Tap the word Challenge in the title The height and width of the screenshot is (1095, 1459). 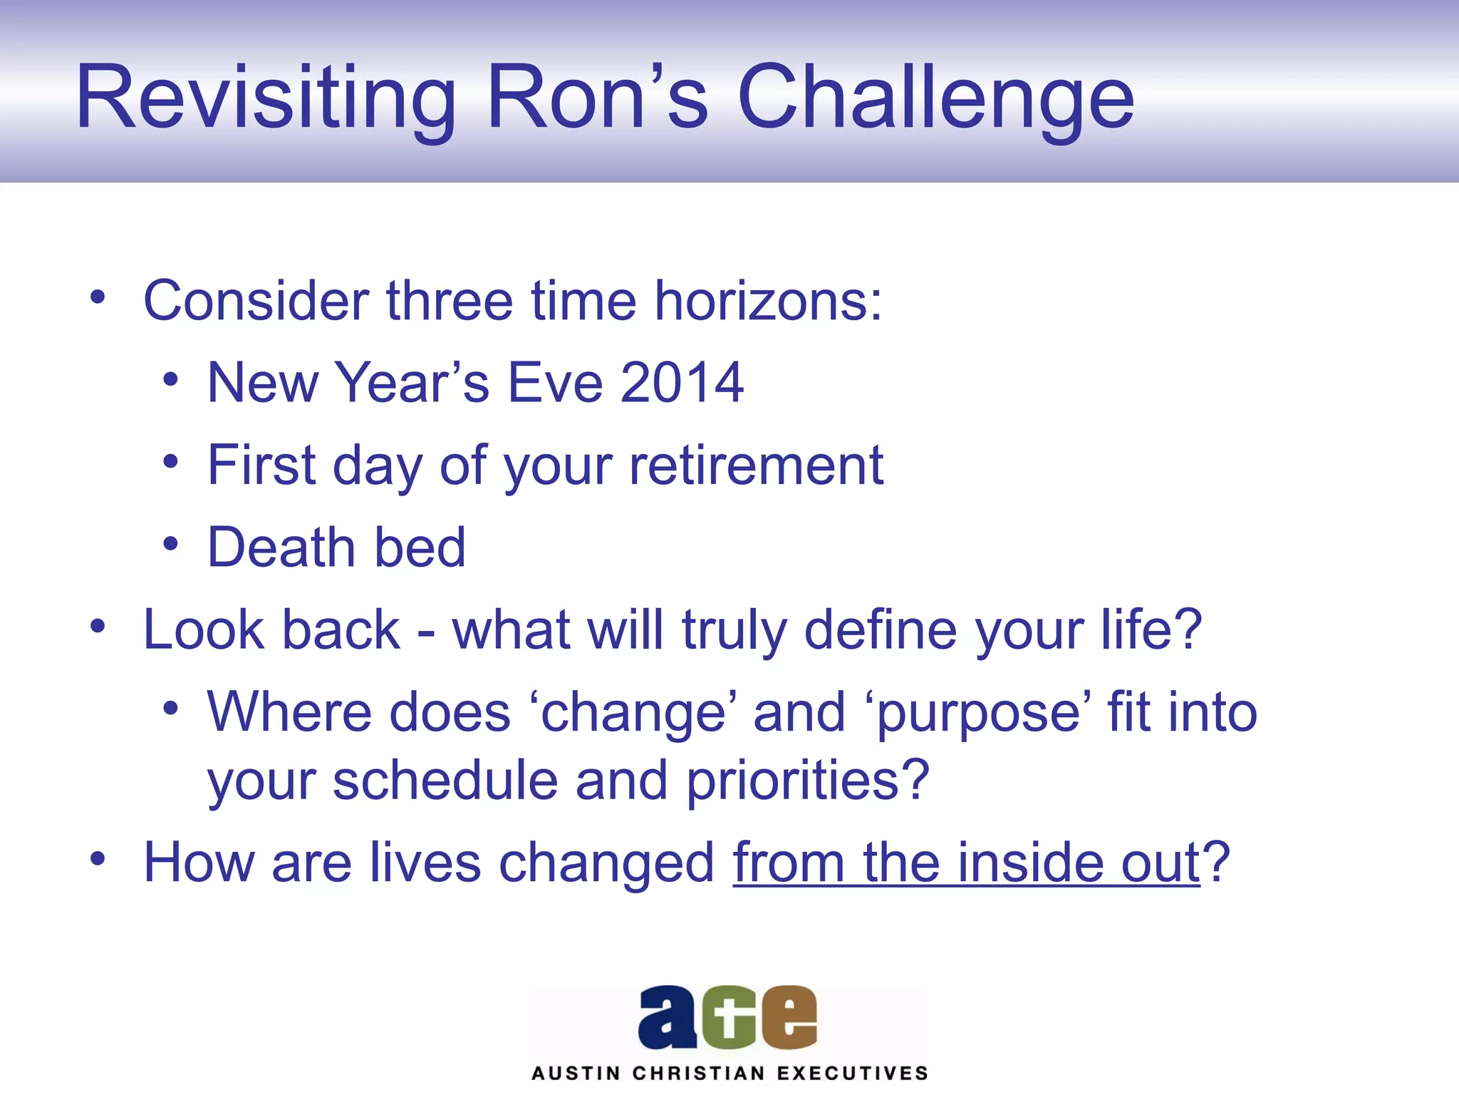tap(935, 97)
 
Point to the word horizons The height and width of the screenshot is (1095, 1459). tap(768, 301)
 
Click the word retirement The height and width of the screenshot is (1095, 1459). tap(756, 465)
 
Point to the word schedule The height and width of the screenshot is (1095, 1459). tap(445, 780)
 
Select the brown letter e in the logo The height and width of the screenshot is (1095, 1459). tap(789, 1018)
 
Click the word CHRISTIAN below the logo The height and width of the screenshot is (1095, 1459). tap(698, 1074)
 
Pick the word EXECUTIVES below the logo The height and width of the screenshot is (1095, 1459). tap(852, 1074)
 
